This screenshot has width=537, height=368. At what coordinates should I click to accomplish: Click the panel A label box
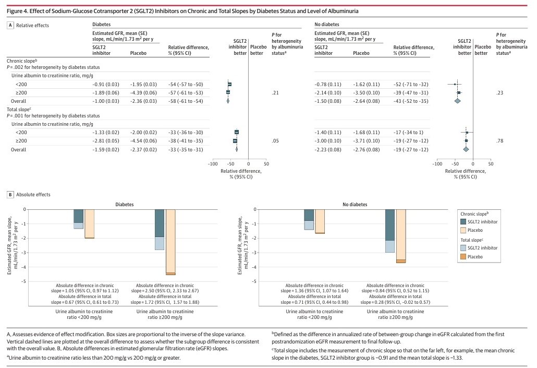(x=10, y=25)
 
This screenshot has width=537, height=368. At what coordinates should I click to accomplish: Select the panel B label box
(x=10, y=194)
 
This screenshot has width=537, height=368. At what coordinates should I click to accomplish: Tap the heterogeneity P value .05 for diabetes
(x=275, y=141)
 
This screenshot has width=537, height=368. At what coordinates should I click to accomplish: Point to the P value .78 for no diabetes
(x=499, y=141)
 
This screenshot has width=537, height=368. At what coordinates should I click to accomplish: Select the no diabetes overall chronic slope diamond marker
(x=457, y=101)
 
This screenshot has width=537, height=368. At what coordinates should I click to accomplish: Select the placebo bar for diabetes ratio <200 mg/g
(x=89, y=223)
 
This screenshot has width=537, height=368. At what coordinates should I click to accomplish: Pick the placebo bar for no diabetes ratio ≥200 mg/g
(x=401, y=235)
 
